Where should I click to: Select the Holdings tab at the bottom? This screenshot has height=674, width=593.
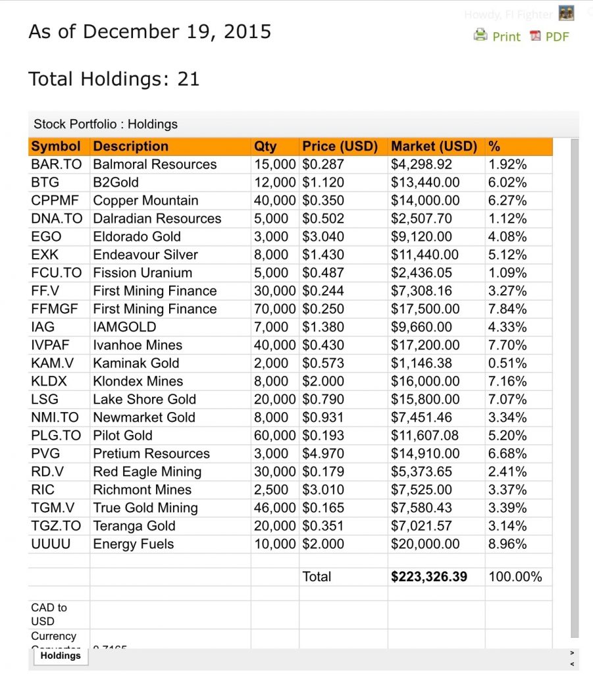tap(60, 656)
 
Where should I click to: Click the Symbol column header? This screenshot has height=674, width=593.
tap(56, 146)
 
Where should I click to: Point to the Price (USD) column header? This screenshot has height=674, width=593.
tap(340, 146)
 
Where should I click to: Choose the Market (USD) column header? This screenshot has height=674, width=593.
tap(434, 146)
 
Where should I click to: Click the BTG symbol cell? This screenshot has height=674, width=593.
tap(45, 182)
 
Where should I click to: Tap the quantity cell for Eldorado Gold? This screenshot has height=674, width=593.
tap(271, 236)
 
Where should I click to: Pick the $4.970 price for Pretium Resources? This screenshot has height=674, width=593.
tap(322, 454)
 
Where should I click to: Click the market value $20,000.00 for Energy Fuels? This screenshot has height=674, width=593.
tap(425, 544)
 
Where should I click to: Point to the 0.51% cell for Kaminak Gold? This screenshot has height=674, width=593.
tap(507, 363)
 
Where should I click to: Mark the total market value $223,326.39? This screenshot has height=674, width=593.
tap(429, 577)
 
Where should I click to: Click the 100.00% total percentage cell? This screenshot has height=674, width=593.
tap(515, 577)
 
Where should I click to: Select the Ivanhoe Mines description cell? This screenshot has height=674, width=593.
tap(138, 345)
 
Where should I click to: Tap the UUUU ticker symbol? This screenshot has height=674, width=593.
tap(51, 544)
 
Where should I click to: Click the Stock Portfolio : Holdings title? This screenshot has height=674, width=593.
tap(105, 124)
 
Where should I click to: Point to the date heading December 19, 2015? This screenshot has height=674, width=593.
tap(149, 32)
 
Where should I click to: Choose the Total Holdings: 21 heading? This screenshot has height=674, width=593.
tap(114, 79)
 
